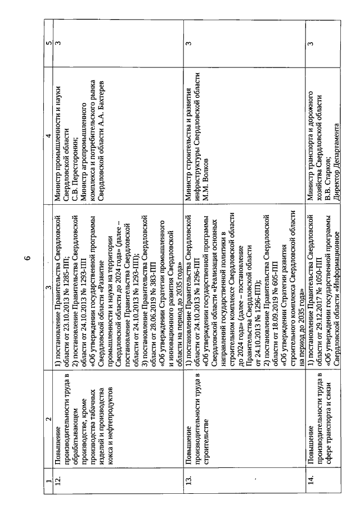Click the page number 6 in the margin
pos(26,258)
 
